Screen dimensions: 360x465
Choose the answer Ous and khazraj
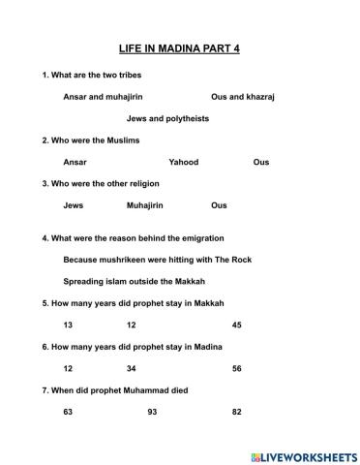pos(243,97)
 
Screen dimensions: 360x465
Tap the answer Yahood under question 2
pos(183,162)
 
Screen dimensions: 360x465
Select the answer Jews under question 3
pos(73,205)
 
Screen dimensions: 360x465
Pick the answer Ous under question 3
pos(219,205)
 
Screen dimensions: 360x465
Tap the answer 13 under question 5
pos(68,325)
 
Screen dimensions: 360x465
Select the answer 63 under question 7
pos(68,412)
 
